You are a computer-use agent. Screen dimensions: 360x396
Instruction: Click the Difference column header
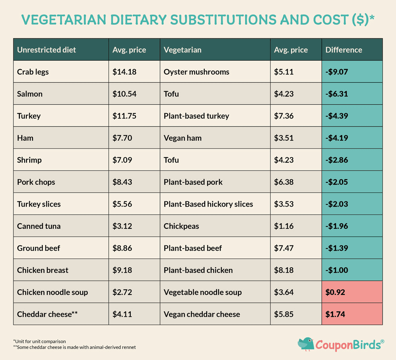(x=344, y=50)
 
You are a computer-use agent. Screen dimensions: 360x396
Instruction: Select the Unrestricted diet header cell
(x=47, y=50)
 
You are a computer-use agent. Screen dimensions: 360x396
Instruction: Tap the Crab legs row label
(x=33, y=72)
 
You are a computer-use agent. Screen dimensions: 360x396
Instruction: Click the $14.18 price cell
(x=122, y=72)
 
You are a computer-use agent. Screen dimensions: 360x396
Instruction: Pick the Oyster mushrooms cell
(x=196, y=72)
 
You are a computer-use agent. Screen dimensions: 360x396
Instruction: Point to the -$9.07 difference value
(x=337, y=72)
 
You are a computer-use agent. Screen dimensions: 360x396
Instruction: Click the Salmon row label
(x=30, y=94)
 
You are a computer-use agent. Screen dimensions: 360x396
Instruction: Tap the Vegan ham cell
(x=183, y=138)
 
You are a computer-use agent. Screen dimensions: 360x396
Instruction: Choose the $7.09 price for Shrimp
(x=122, y=160)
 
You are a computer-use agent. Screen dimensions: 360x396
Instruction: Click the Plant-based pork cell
(x=193, y=182)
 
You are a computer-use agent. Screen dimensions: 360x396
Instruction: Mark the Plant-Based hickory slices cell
(x=208, y=204)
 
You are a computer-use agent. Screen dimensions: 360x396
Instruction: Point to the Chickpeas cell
(x=181, y=226)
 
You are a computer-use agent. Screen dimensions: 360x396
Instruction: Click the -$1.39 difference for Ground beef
(x=337, y=248)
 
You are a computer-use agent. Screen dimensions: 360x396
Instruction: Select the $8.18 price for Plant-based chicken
(x=284, y=270)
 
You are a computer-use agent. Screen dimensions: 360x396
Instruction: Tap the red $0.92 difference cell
(x=335, y=293)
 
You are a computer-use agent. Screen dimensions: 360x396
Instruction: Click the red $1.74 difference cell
(x=335, y=314)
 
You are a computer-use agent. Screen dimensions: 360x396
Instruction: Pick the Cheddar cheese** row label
(x=47, y=314)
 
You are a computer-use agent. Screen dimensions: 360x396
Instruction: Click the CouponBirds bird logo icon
(x=305, y=344)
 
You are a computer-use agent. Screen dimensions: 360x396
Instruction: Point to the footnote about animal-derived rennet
(x=74, y=347)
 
